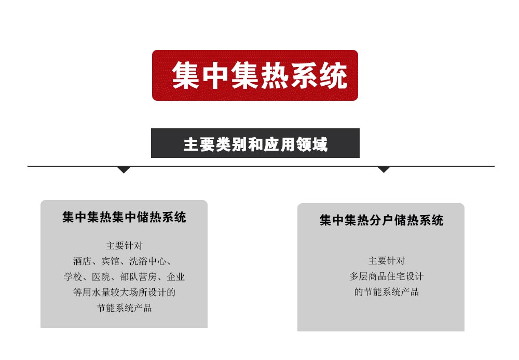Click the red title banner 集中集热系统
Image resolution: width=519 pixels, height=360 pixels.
(x=255, y=75)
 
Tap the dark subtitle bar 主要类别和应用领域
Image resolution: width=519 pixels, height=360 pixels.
(x=255, y=143)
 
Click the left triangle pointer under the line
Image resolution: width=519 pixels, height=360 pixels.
(x=124, y=169)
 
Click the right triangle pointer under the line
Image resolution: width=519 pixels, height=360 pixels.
(x=384, y=169)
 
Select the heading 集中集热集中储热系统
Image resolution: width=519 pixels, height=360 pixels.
(x=124, y=217)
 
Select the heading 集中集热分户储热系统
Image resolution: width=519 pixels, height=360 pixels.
(x=381, y=220)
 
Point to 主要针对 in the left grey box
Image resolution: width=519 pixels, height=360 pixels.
(x=124, y=246)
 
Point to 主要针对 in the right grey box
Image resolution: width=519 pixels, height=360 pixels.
(x=387, y=261)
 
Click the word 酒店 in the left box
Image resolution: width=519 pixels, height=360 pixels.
(x=82, y=261)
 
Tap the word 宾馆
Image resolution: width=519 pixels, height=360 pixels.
(x=110, y=261)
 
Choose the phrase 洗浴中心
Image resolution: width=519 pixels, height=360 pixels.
(x=147, y=261)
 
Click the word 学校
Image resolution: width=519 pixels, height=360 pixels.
(x=73, y=277)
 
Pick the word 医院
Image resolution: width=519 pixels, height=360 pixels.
(x=101, y=277)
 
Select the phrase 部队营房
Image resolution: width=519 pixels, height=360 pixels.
(x=139, y=277)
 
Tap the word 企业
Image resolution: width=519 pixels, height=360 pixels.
(x=176, y=277)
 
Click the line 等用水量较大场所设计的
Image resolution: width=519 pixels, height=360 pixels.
(x=124, y=292)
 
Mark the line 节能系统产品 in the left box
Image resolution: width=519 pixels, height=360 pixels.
(x=124, y=308)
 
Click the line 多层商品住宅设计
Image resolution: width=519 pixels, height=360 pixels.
(x=387, y=276)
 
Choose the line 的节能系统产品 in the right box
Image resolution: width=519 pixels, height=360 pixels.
(x=387, y=292)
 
